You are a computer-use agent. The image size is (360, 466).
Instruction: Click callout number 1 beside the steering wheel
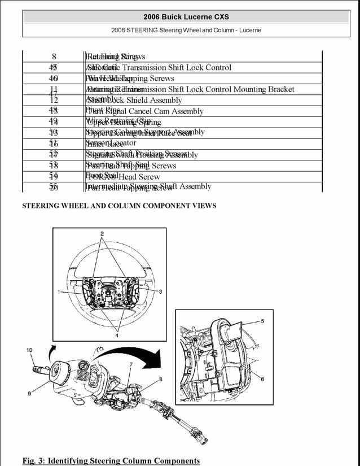tap(58, 291)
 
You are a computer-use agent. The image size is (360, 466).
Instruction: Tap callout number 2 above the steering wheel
tap(102, 233)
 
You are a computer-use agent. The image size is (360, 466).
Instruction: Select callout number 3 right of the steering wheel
tap(160, 291)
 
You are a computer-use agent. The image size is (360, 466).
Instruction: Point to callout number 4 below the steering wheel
tap(117, 336)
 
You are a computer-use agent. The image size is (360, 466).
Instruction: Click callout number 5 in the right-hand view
tap(262, 321)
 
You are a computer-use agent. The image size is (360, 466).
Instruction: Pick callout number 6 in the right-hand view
tap(262, 379)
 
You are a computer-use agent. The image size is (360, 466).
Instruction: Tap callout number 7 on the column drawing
tap(131, 365)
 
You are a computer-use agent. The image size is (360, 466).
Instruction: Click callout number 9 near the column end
tap(29, 394)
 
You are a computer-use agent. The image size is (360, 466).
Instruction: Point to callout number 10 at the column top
tap(29, 350)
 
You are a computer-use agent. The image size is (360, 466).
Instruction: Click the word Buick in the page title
tap(171, 17)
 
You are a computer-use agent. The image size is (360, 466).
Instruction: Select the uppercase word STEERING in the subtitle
tap(143, 30)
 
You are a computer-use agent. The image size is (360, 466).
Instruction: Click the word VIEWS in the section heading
tap(203, 206)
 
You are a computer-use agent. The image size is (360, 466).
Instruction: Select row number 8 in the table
tap(54, 56)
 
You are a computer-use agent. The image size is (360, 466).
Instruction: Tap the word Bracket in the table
tap(278, 89)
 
